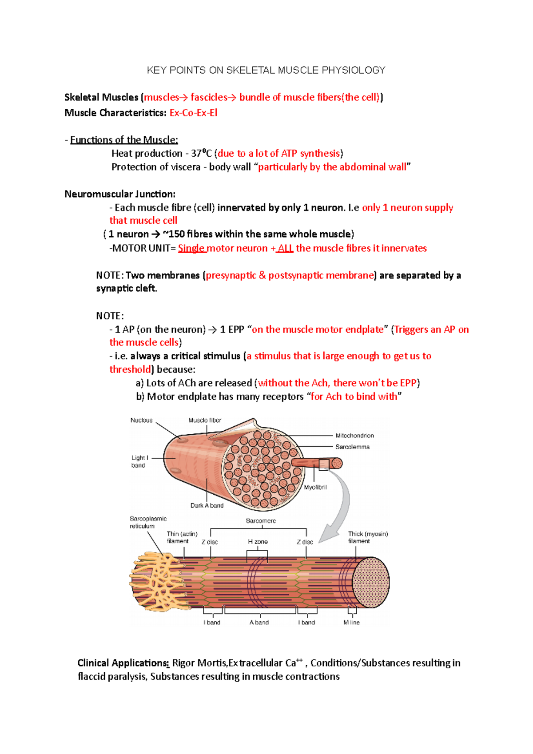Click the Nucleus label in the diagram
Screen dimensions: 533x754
[x=141, y=420]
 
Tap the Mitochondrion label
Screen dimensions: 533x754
[x=354, y=436]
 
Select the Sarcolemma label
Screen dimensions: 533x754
[x=352, y=447]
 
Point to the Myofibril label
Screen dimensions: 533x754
[x=315, y=487]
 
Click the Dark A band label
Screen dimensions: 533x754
[x=207, y=505]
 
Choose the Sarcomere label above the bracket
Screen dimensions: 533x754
[x=261, y=521]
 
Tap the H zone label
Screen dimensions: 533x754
[x=258, y=542]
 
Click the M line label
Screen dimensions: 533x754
[x=351, y=623]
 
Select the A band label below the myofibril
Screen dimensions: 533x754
[x=259, y=623]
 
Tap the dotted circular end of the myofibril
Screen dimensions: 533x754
[x=371, y=582]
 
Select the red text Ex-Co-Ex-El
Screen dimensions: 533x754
[x=193, y=113]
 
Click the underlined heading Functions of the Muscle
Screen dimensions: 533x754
[x=124, y=140]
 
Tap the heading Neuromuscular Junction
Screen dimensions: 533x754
[x=120, y=194]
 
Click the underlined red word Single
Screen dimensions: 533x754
[x=191, y=248]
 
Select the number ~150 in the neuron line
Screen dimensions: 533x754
[x=174, y=234]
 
